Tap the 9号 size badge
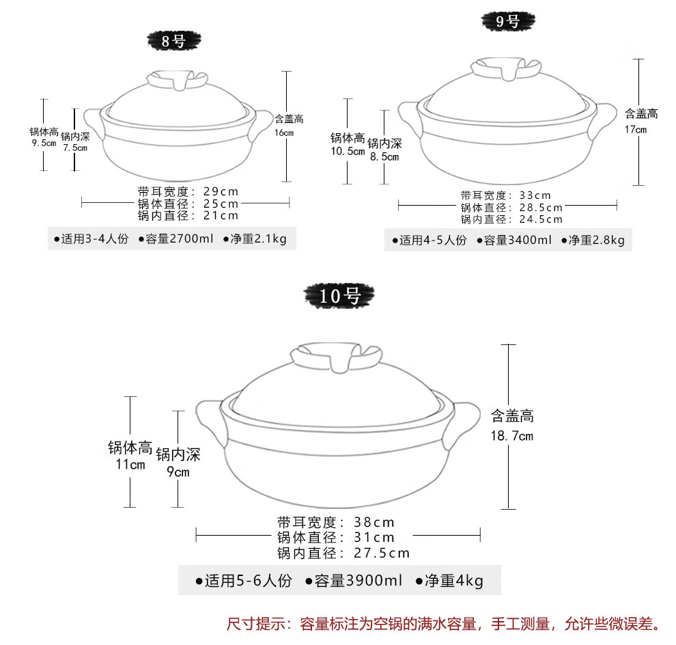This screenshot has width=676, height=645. [x=507, y=21]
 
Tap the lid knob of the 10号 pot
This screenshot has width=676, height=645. [x=337, y=357]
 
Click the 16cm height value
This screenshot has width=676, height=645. [x=283, y=133]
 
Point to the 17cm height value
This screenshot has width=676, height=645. [x=635, y=129]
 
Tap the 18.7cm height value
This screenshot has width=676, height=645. [x=511, y=436]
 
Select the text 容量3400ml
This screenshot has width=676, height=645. [x=514, y=240]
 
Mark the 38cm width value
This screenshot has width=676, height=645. [x=374, y=521]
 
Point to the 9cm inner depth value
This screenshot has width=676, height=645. [x=178, y=472]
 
